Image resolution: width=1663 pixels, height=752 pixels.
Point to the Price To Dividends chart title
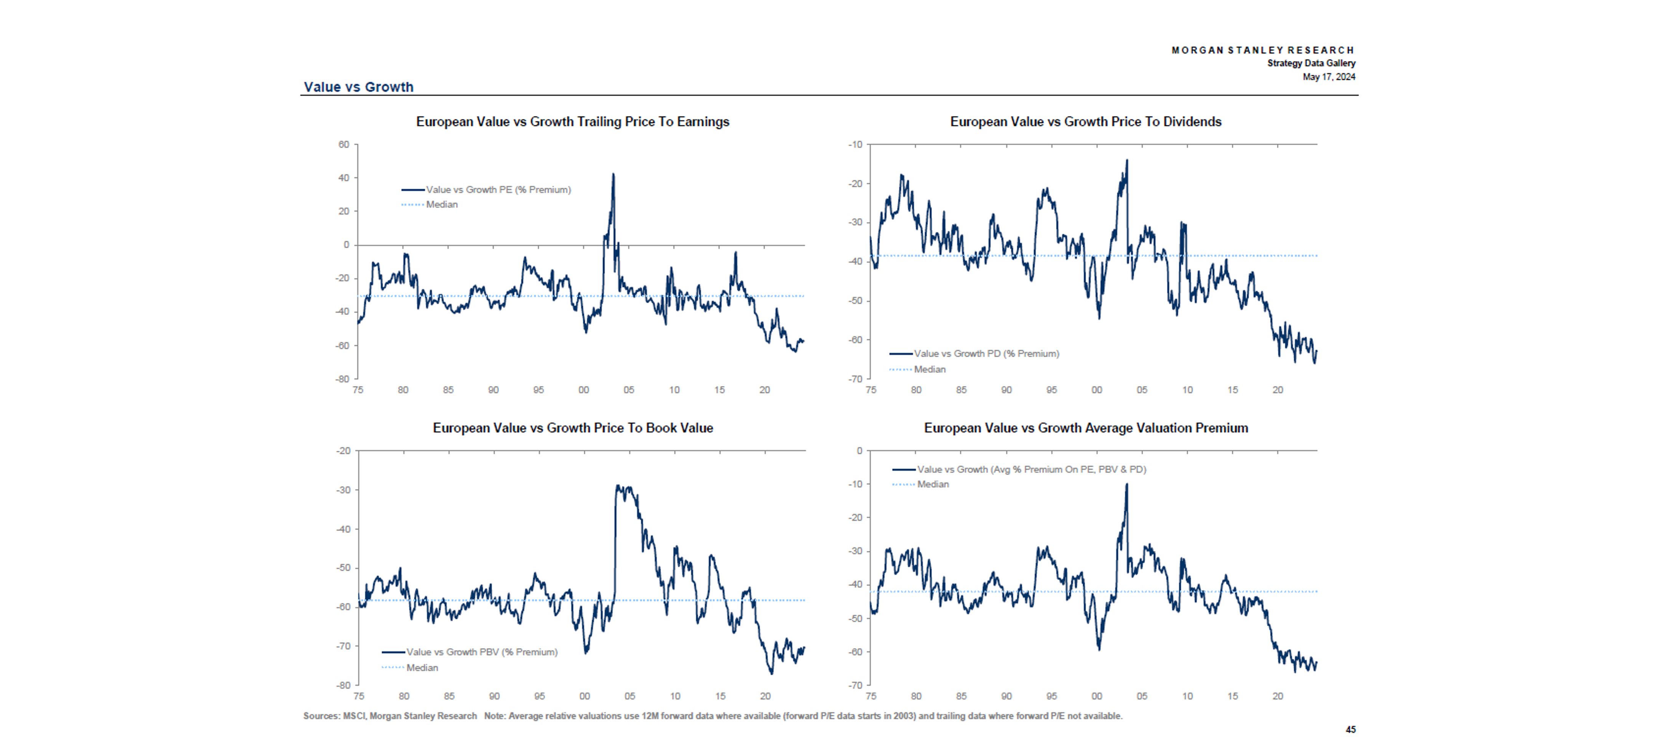1085,122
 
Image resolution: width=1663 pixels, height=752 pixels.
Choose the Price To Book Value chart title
573,428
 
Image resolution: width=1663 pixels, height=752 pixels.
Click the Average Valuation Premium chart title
1085,428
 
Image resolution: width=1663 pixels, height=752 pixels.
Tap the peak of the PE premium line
613,174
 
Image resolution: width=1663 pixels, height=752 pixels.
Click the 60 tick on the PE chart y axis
343,145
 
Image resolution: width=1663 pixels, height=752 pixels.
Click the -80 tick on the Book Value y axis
343,685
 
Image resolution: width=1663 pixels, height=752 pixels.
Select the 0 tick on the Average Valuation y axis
859,450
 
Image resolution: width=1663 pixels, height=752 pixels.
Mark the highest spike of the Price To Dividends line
1127,161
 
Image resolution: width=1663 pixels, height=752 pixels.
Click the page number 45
1350,730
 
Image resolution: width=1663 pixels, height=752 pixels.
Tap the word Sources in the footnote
321,716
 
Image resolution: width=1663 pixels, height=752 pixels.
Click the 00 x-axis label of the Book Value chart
584,696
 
